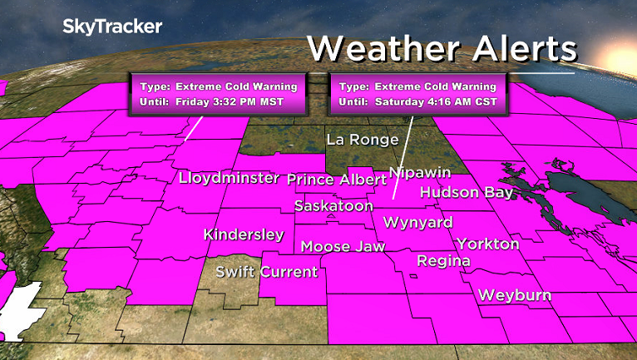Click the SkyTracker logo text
point(112,27)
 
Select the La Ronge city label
point(362,139)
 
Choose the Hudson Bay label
point(466,193)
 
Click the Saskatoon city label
point(334,205)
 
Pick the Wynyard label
point(417,223)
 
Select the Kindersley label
point(244,234)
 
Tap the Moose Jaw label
point(338,247)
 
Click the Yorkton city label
point(487,244)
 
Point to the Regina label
point(443,261)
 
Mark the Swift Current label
point(266,272)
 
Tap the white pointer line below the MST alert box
point(192,127)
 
